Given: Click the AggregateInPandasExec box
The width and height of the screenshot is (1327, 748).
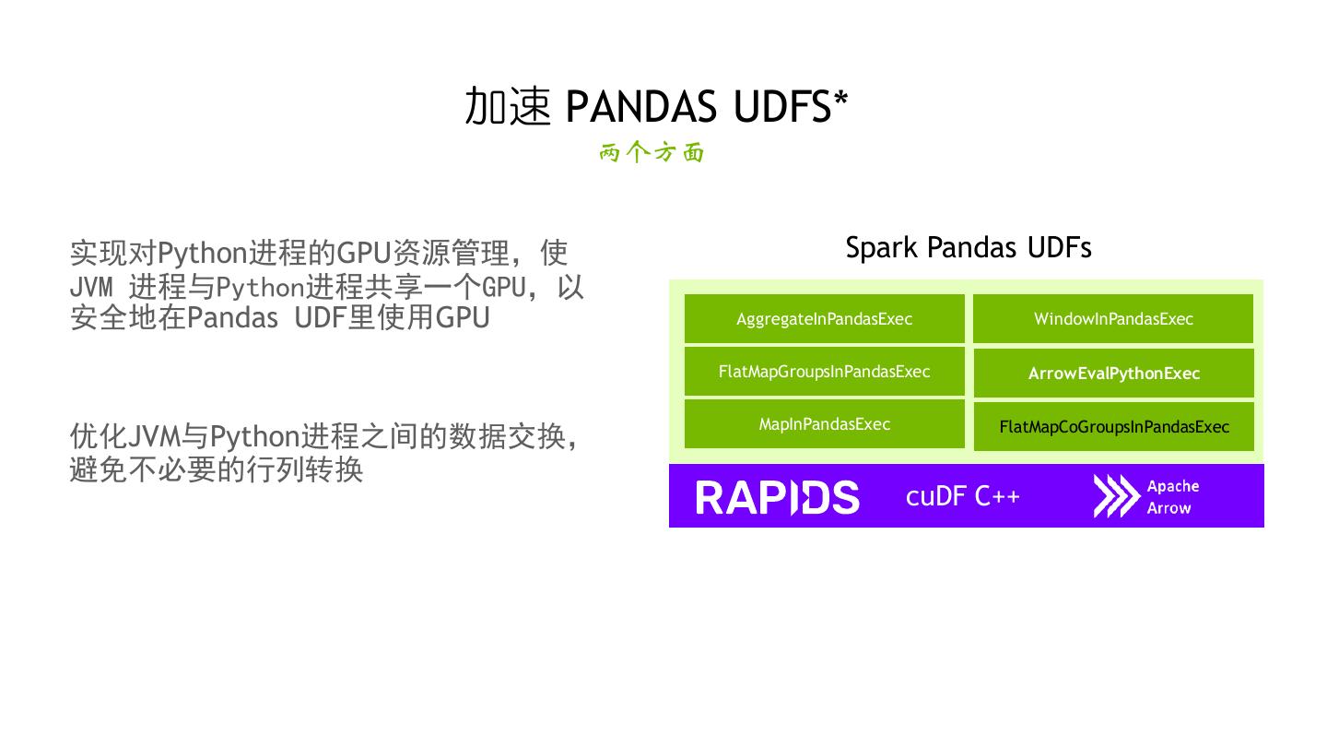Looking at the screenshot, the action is [x=824, y=319].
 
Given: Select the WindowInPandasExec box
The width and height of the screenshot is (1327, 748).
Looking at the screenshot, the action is [x=1113, y=319].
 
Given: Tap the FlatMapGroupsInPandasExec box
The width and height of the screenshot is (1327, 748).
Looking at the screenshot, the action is [x=824, y=372].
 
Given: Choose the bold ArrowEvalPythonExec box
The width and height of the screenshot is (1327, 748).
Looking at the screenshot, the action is [x=1113, y=374].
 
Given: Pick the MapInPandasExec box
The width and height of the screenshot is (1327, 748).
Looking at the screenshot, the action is [x=824, y=424].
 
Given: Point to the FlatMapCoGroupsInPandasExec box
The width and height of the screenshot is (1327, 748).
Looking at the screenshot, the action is [x=1113, y=427].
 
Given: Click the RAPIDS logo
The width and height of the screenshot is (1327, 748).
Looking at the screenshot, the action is [x=777, y=497].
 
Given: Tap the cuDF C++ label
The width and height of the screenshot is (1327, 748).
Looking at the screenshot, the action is [x=962, y=496].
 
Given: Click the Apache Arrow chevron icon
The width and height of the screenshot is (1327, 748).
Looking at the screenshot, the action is [x=1115, y=496].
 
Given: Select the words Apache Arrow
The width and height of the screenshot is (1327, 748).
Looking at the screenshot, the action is [x=1172, y=497].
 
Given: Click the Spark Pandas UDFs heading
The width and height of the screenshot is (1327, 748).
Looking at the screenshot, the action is [x=968, y=247].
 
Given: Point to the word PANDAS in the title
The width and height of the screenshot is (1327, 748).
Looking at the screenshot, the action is [x=640, y=107].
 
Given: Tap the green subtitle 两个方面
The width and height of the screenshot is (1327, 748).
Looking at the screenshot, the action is [x=652, y=153].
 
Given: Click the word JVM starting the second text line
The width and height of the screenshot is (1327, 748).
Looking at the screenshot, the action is [x=91, y=287].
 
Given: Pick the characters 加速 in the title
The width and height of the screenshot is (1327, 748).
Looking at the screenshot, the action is [x=507, y=107].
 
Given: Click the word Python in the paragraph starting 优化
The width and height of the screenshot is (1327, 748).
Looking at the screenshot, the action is [x=254, y=435].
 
